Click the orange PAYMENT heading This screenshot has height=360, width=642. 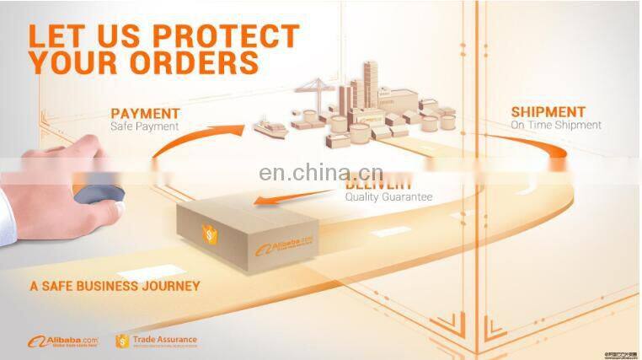click(145, 113)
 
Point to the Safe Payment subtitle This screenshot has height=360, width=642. click(145, 127)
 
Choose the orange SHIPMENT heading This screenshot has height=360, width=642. click(548, 111)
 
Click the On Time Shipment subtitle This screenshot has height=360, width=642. click(556, 125)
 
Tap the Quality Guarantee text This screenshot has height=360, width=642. click(388, 196)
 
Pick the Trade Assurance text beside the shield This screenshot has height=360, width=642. click(165, 341)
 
